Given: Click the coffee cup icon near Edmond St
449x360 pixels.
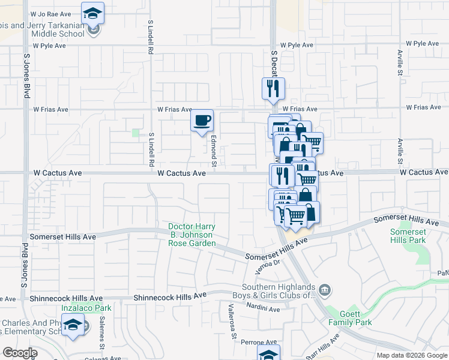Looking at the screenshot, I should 202,120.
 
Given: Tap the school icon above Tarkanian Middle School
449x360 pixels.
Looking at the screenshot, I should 92,13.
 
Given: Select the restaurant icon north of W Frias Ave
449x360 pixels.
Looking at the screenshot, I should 273,89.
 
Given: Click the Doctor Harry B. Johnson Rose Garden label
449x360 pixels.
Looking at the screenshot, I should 191,235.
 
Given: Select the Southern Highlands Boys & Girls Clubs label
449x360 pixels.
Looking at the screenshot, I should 279,290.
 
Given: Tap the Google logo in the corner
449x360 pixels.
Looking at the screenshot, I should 20,353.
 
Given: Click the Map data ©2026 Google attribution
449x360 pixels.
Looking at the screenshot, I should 411,355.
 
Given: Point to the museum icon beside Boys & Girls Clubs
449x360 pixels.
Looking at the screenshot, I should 325,291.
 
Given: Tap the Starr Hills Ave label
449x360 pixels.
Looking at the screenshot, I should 321,349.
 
